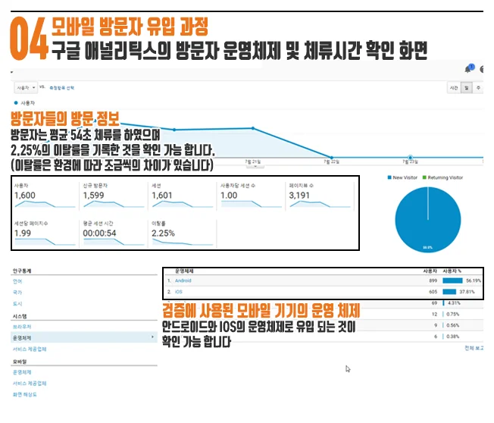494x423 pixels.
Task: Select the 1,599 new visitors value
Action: [95, 196]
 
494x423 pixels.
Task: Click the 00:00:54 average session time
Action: [100, 233]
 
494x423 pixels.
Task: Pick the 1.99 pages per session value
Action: [22, 233]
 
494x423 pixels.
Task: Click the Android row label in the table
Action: [183, 280]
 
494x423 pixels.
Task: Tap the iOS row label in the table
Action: [178, 291]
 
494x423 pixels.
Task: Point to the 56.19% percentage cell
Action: [471, 280]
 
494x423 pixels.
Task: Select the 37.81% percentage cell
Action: [471, 291]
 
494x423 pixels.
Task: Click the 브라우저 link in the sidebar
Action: [21, 327]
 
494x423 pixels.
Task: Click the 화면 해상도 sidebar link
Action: [24, 394]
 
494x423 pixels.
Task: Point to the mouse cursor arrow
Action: [348, 369]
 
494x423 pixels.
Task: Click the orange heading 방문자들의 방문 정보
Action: [65, 120]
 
